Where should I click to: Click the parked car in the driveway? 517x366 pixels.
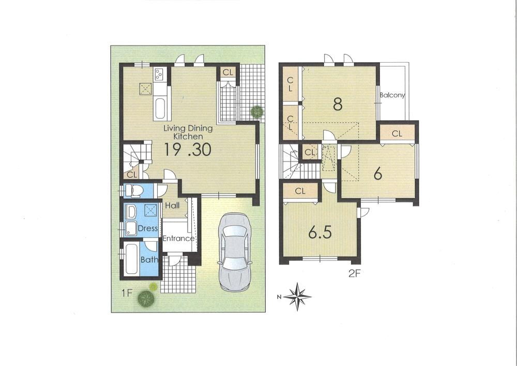(235, 252)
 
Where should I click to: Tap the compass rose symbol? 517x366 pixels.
(297, 296)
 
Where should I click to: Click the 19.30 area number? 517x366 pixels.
(188, 150)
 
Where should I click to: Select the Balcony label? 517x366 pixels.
(392, 95)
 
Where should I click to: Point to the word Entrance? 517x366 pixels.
(178, 238)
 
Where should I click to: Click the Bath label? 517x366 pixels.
(149, 260)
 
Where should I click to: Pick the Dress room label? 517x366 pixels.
(147, 228)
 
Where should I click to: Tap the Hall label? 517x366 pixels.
(172, 206)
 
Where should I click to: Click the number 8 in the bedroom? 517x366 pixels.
(337, 104)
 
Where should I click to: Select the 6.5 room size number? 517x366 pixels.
(320, 232)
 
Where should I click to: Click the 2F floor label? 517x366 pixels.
(353, 273)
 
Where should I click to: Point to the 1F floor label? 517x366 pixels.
(127, 292)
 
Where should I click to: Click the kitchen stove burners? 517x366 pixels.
(158, 74)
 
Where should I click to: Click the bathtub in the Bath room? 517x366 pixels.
(131, 259)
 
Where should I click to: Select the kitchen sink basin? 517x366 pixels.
(160, 108)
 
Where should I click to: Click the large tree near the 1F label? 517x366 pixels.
(146, 299)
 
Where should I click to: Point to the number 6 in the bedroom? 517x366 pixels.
(378, 173)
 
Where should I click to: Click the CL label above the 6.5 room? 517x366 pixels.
(300, 191)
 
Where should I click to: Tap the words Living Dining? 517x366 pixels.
(188, 128)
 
